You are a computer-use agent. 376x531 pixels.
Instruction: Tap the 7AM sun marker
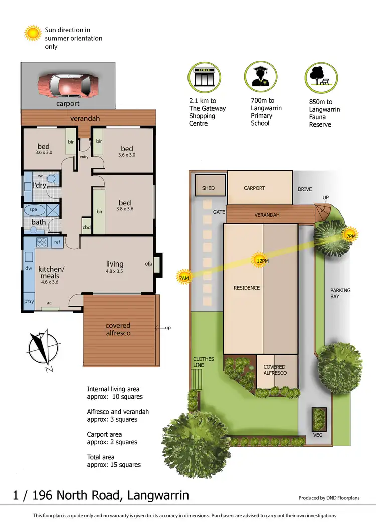coord(184,277)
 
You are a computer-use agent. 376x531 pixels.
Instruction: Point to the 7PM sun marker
coord(350,236)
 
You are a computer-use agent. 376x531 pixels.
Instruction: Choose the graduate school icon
coord(260,76)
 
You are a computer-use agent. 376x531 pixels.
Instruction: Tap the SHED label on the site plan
coord(208,188)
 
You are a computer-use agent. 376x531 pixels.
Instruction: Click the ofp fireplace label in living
coord(149,263)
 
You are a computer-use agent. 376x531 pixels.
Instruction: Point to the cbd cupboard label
coord(86,227)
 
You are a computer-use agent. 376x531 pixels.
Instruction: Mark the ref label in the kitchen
coord(57,242)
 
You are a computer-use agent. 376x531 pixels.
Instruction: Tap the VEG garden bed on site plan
coord(318,435)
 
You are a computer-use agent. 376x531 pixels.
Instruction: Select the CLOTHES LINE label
coord(204,362)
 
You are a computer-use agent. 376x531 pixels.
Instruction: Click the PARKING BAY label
coord(340,293)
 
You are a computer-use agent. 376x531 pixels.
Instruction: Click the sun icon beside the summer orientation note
coord(33,33)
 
